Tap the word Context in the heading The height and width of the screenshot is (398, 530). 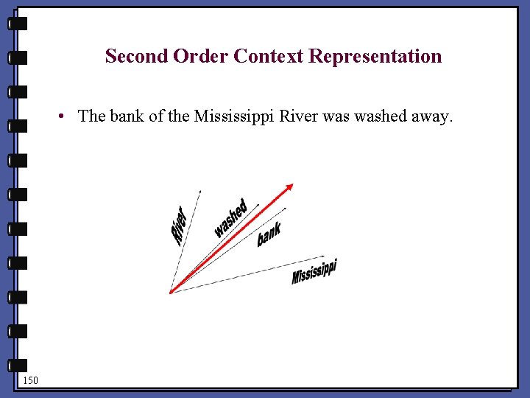click(x=269, y=56)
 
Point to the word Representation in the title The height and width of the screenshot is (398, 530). click(x=375, y=57)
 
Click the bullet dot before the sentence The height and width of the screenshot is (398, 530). click(x=66, y=116)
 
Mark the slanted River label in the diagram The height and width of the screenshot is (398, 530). click(x=179, y=224)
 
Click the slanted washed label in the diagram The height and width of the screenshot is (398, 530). click(x=230, y=218)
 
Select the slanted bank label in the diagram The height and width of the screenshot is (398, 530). click(x=269, y=234)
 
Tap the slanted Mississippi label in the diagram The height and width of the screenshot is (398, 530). click(x=314, y=271)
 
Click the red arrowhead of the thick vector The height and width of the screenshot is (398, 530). click(x=289, y=186)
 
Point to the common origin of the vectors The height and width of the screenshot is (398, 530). click(x=171, y=293)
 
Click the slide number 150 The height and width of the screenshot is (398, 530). click(x=30, y=380)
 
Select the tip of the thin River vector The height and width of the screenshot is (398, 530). click(x=199, y=191)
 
